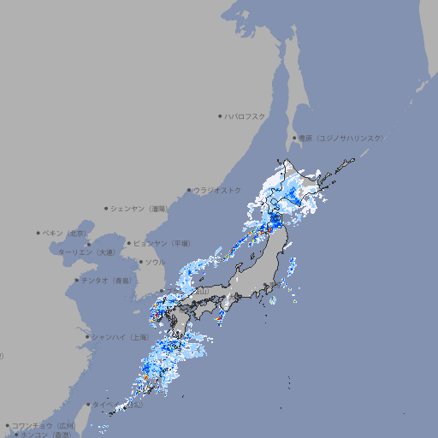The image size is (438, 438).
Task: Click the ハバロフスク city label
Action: point(246,116)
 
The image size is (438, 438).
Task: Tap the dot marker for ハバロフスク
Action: point(220,116)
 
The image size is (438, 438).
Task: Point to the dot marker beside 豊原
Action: point(293,138)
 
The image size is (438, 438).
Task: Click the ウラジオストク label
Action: point(217,190)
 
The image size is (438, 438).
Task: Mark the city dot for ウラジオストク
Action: point(189,190)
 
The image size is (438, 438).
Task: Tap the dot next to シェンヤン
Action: point(107,208)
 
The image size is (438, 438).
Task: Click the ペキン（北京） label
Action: point(66,233)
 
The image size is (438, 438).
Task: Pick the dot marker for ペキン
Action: point(38,233)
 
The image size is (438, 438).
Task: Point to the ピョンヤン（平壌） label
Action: point(162,244)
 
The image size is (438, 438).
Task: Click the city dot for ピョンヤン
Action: point(130,244)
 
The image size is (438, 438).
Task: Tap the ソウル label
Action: point(155,262)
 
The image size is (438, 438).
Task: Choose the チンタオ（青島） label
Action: point(107,280)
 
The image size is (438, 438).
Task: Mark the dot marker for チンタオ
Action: point(76,280)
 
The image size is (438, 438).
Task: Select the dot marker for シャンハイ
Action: point(87,336)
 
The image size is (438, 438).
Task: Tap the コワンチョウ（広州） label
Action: point(43,425)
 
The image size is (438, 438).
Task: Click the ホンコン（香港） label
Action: point(46,435)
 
